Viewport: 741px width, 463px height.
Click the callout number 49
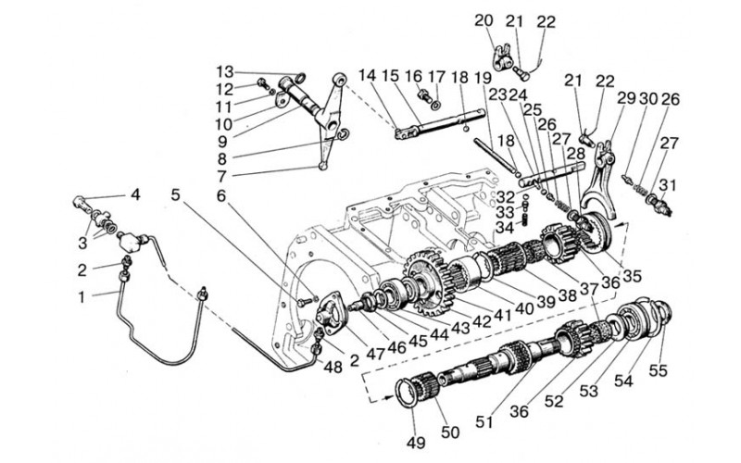(415, 444)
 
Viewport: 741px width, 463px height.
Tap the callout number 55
(658, 370)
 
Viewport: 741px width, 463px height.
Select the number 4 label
(135, 194)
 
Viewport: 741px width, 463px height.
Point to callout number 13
(225, 72)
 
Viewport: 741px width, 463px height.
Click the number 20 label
(484, 20)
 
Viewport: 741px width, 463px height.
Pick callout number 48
(333, 367)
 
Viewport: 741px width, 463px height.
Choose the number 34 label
(506, 227)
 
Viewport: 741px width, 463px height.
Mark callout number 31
(667, 185)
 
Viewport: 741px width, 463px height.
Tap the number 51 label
(484, 421)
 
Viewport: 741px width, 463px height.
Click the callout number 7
(221, 176)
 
